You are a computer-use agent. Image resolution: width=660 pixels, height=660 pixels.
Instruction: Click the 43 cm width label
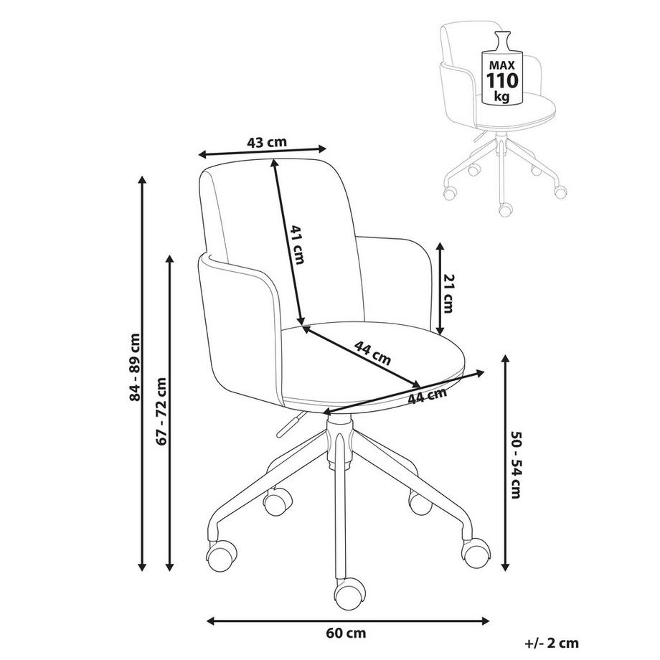coord(266,142)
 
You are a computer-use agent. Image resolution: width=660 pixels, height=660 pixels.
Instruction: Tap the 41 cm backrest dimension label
coord(298,245)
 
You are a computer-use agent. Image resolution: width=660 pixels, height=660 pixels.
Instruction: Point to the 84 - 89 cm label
coord(135,367)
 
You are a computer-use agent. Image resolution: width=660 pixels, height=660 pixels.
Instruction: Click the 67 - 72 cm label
coord(161,411)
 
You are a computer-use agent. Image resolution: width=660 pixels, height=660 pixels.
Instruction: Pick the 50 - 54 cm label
coord(516,464)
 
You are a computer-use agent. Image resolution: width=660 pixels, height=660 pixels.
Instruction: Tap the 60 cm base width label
coord(346,633)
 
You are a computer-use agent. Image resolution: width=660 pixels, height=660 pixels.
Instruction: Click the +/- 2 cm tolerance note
coord(552,643)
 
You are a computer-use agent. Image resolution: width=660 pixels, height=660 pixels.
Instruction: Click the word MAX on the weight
coord(502,65)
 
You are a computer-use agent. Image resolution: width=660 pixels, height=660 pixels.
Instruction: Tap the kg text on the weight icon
coord(501,97)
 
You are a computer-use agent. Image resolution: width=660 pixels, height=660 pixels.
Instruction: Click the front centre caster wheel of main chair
coord(349,593)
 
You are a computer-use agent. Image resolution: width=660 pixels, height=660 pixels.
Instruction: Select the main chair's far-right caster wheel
coord(476,552)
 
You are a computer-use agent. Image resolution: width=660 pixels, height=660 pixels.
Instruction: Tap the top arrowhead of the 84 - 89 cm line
coord(142,180)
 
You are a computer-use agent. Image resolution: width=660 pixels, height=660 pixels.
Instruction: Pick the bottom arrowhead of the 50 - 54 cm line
coord(505,567)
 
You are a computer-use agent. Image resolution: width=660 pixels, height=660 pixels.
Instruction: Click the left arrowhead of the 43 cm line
coord(203,154)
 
